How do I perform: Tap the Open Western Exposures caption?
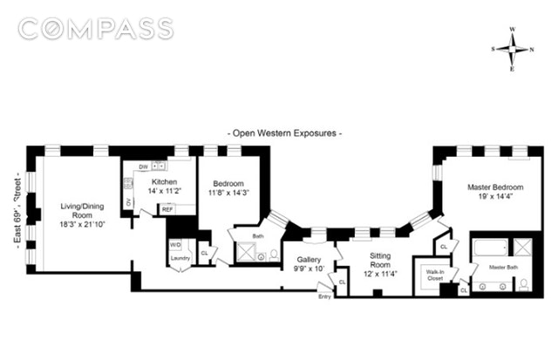point(284,133)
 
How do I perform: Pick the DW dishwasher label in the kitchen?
point(142,166)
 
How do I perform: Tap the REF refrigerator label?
point(167,209)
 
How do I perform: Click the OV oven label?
point(130,202)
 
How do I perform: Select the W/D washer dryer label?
point(175,243)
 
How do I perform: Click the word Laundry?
point(181,258)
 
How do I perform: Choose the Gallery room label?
point(310,260)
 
